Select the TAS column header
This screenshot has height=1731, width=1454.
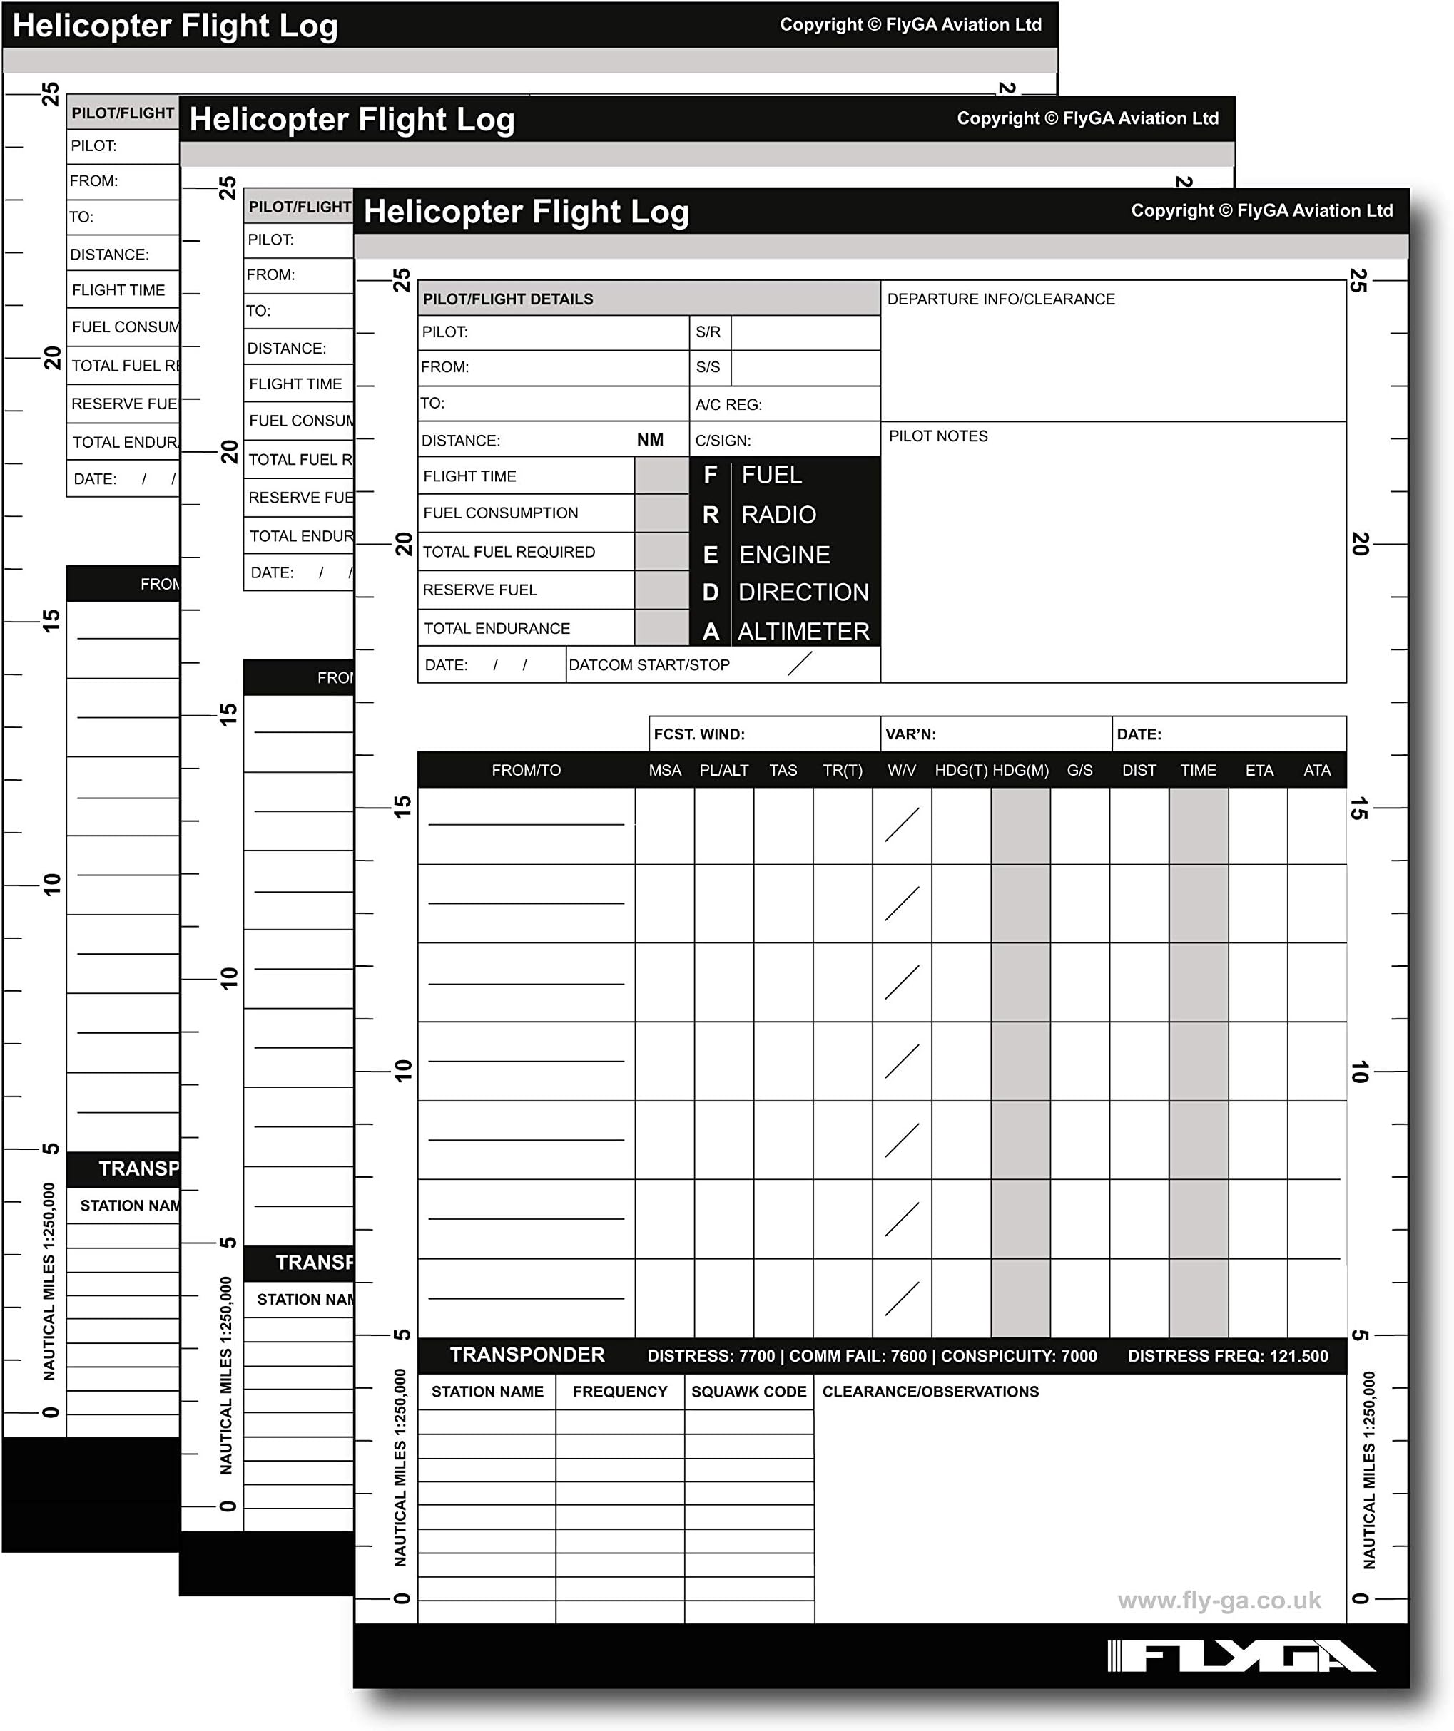pos(783,770)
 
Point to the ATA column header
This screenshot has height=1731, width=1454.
pos(1316,770)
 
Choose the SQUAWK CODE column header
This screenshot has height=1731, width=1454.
pos(748,1392)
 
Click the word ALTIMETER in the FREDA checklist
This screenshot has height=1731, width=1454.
pos(803,632)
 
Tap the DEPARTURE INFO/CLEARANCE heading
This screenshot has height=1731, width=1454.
pos(1000,299)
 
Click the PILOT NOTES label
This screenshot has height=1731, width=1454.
pos(937,436)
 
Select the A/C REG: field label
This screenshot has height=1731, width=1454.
pos(728,405)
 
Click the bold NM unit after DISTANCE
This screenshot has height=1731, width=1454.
pos(650,440)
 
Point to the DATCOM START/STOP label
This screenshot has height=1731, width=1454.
pos(649,665)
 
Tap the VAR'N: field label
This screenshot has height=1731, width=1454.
pos(910,734)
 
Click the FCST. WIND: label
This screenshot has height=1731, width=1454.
pos(698,734)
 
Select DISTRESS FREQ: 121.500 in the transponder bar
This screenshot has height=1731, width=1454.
pos(1227,1356)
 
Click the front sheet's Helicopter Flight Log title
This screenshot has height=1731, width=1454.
pos(527,212)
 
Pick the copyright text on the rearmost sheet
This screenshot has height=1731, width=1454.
pos(910,25)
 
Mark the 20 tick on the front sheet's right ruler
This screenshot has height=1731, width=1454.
pos(1360,544)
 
